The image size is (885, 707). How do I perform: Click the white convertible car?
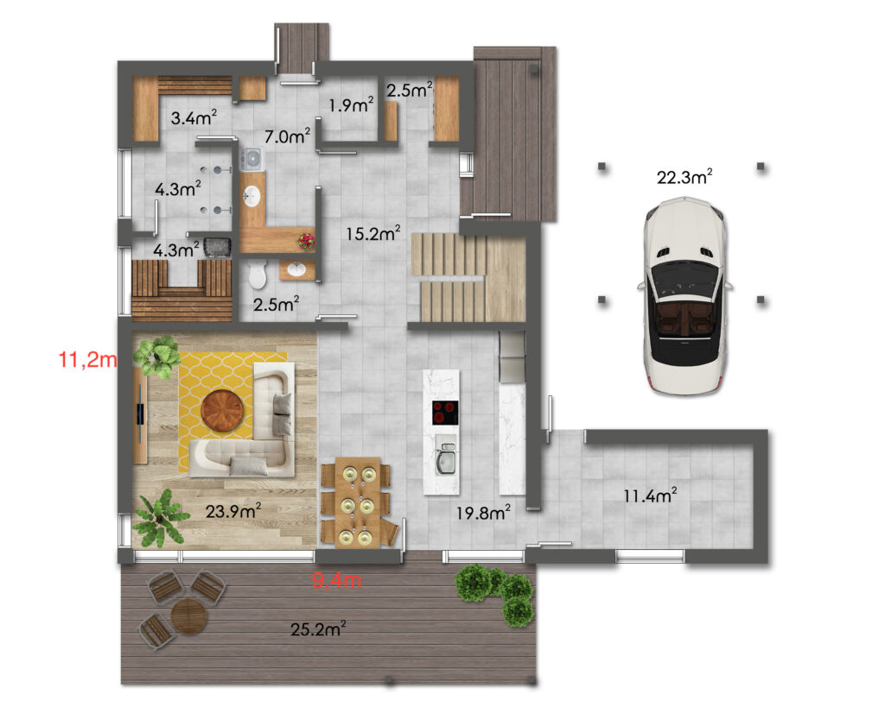tap(684, 295)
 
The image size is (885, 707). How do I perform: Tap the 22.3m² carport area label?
tap(684, 177)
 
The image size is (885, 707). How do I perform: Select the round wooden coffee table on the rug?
tap(223, 410)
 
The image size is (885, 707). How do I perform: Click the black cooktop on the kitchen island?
tap(445, 412)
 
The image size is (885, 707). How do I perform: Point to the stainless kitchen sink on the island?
tap(446, 458)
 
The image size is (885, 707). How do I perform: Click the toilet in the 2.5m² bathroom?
tap(258, 275)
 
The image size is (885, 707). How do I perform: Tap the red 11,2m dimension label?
tap(88, 359)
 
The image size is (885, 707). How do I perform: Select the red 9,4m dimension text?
tap(337, 580)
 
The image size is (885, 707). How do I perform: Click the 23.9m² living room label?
tap(233, 511)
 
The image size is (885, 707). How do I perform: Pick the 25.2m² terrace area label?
tap(318, 628)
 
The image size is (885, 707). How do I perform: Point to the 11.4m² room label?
tap(650, 496)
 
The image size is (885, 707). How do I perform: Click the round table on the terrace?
tap(189, 616)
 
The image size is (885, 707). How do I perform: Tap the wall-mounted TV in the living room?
tap(140, 414)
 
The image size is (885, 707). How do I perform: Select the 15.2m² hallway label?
tap(373, 233)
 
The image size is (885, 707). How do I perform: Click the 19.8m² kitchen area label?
tap(483, 513)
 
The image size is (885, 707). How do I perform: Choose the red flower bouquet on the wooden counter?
tap(307, 242)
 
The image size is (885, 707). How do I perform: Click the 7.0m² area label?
tap(287, 136)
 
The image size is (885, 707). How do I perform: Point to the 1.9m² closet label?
tap(351, 104)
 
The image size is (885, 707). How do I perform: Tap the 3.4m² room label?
tap(194, 117)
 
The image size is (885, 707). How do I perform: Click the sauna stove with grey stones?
tap(217, 248)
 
